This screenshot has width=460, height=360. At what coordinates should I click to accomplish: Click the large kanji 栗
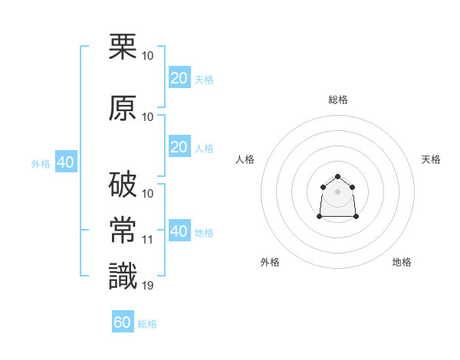pyautogui.click(x=123, y=46)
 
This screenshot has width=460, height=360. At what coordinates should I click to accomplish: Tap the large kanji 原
pyautogui.click(x=123, y=108)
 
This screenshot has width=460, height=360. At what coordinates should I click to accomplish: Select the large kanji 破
pyautogui.click(x=123, y=184)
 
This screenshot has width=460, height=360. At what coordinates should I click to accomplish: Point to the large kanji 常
pyautogui.click(x=123, y=230)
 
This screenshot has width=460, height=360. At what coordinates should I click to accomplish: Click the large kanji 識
pyautogui.click(x=123, y=276)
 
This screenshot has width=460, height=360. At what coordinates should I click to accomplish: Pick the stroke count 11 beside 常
pyautogui.click(x=147, y=240)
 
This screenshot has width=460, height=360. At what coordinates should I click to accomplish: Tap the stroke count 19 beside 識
pyautogui.click(x=147, y=286)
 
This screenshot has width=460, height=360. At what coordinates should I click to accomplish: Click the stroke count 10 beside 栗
pyautogui.click(x=147, y=56)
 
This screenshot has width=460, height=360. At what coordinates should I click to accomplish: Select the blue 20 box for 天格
pyautogui.click(x=179, y=77)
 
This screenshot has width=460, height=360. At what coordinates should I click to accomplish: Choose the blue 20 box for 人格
pyautogui.click(x=179, y=146)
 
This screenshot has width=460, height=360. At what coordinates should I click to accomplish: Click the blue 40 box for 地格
pyautogui.click(x=179, y=230)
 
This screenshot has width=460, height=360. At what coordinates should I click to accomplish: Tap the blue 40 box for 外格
pyautogui.click(x=66, y=162)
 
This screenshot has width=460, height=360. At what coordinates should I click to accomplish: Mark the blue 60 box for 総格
pyautogui.click(x=123, y=321)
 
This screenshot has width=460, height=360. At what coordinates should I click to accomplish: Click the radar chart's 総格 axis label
pyautogui.click(x=338, y=100)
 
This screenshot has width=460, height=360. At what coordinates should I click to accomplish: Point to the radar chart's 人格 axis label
pyautogui.click(x=245, y=159)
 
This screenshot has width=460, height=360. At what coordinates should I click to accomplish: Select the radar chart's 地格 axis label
pyautogui.click(x=402, y=262)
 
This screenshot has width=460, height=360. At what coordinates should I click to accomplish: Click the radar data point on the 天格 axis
pyautogui.click(x=353, y=187)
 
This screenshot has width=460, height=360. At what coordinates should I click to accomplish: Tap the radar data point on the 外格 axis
pyautogui.click(x=320, y=216)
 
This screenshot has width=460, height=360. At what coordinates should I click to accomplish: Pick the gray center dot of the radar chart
pyautogui.click(x=337, y=191)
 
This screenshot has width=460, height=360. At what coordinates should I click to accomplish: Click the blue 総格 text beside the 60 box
pyautogui.click(x=147, y=324)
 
